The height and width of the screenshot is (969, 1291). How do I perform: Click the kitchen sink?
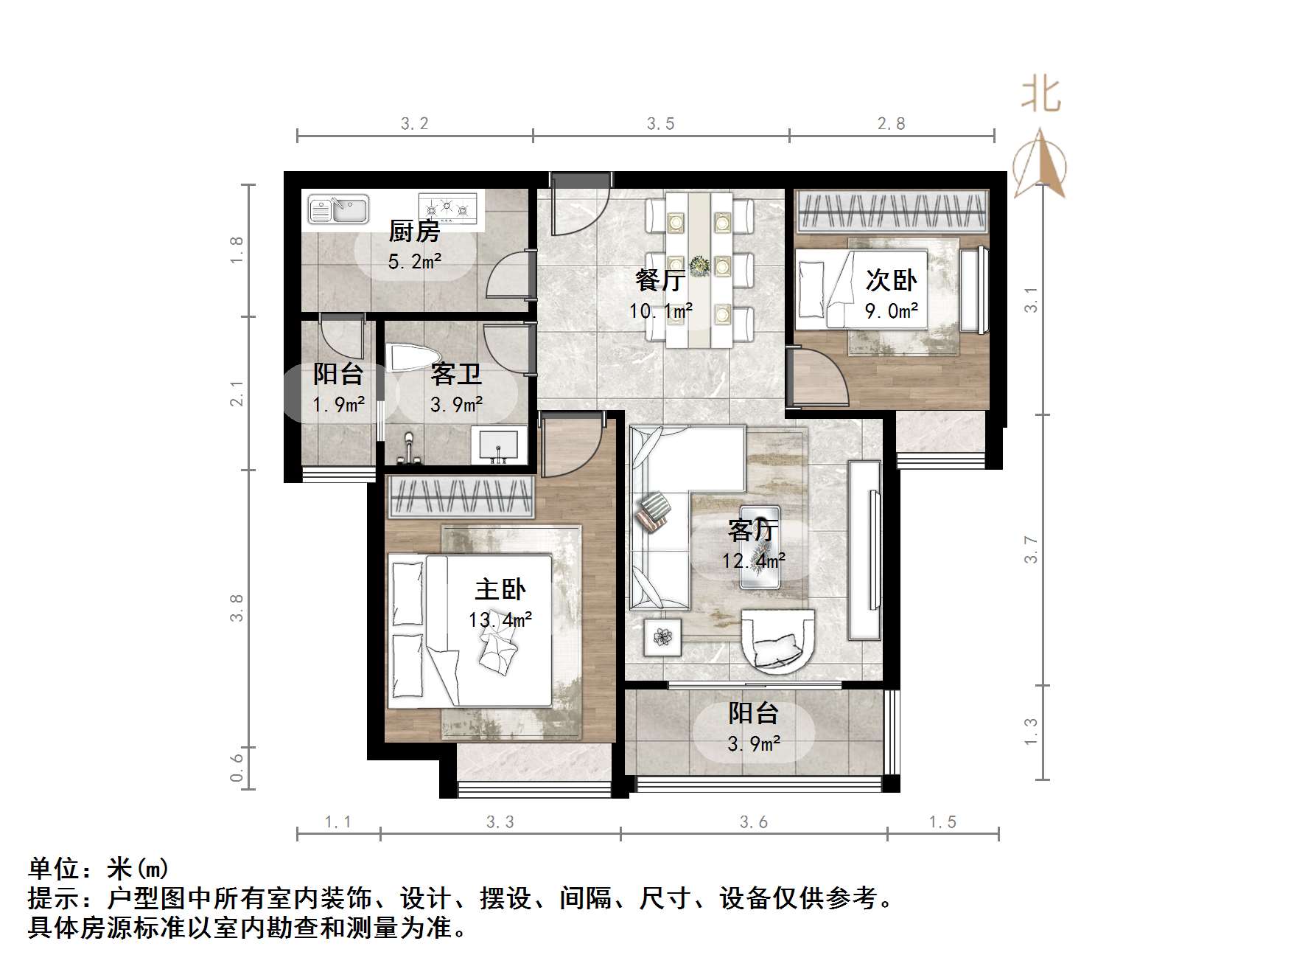coord(338,209)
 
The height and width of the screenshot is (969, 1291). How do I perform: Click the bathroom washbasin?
coord(499,446)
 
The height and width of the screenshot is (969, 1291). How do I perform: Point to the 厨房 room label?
coord(414,232)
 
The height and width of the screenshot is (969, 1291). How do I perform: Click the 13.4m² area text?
coord(500,620)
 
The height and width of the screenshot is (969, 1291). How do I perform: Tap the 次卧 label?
coord(891,280)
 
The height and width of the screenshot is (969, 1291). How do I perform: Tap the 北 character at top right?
coord(1041,95)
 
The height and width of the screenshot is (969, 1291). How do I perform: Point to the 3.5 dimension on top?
coord(660,124)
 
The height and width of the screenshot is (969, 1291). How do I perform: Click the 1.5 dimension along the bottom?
coord(942,822)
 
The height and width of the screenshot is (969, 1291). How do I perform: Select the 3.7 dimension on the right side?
coord(1031,550)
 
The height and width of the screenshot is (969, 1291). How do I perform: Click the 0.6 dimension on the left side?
coord(237,768)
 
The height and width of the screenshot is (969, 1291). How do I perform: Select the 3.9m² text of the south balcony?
coord(754,744)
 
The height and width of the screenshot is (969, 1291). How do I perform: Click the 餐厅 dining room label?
coord(660,280)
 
